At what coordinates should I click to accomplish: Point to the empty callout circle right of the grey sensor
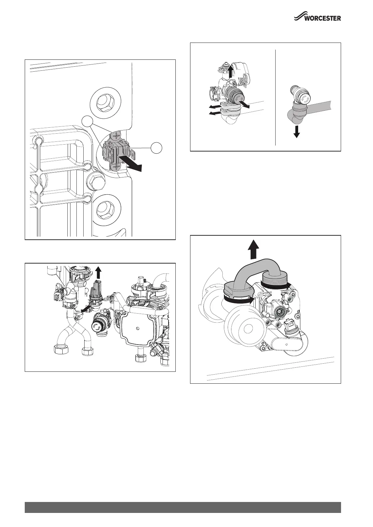click(157, 148)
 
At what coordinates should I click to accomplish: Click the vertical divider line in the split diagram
click(275, 97)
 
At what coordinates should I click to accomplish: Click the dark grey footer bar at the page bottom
click(183, 507)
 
